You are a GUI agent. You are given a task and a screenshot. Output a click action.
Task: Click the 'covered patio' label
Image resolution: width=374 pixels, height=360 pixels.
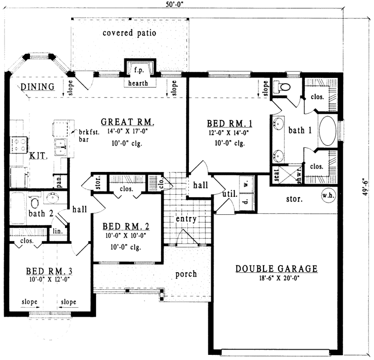(129, 33)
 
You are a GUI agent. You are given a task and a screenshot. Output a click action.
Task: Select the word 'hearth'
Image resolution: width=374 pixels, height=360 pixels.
(138, 83)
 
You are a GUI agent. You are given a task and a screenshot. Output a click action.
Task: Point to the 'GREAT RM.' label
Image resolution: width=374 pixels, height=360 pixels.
(128, 122)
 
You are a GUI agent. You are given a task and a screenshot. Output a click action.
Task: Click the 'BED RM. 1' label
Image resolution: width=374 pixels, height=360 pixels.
(230, 123)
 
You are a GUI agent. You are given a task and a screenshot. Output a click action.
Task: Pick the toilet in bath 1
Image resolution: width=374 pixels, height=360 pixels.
(283, 86)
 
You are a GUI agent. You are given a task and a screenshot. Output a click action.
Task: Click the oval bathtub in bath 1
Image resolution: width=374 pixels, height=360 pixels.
(327, 131)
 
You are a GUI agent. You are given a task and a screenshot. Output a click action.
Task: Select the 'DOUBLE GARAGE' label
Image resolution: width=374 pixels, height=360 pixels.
(277, 269)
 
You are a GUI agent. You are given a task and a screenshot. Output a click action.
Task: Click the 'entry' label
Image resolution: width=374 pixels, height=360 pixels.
(186, 219)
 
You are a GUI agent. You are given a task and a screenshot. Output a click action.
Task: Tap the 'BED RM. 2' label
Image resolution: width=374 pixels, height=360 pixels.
(126, 226)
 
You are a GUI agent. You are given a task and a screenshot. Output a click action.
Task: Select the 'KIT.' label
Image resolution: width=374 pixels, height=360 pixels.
(37, 154)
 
